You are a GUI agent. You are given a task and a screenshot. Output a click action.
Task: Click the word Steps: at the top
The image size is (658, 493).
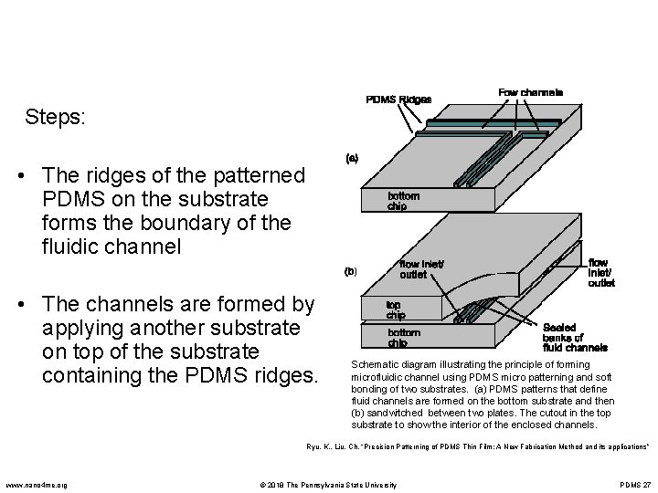[57, 118]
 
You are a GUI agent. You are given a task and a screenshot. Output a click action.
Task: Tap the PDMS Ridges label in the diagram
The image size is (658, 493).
[398, 99]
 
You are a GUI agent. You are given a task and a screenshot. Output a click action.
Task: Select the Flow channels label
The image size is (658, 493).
[530, 92]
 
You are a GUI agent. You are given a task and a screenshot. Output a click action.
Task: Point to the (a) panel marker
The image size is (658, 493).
[351, 157]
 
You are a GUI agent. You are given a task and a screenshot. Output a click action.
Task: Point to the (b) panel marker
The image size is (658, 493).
[351, 271]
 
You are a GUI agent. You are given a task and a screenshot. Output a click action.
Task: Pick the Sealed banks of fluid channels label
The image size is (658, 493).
[575, 337]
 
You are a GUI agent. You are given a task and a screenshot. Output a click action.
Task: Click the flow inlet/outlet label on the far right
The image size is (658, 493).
[601, 272]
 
